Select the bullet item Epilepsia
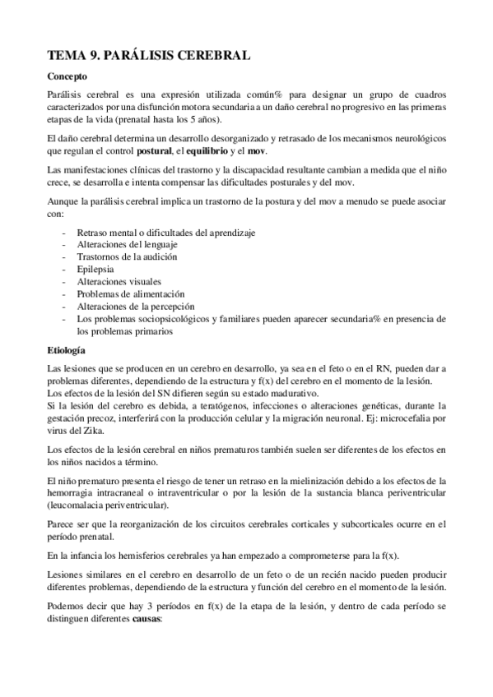[95, 269]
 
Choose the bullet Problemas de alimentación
[130, 293]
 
